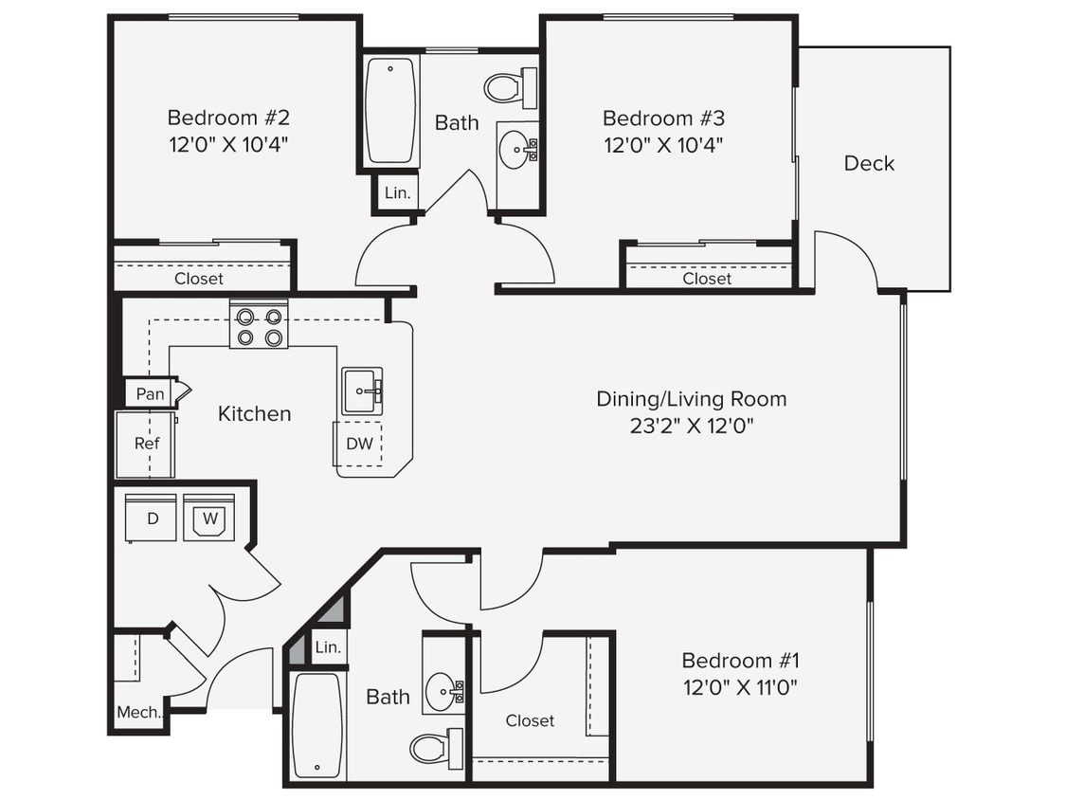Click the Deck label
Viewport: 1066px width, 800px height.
pyautogui.click(x=869, y=163)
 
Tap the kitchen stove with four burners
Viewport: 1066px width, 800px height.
pyautogui.click(x=259, y=325)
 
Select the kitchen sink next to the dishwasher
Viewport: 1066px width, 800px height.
pyautogui.click(x=362, y=391)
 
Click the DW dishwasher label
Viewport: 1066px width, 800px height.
pyautogui.click(x=358, y=443)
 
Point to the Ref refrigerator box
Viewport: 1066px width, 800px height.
pyautogui.click(x=146, y=444)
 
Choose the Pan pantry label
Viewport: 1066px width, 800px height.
pyautogui.click(x=150, y=393)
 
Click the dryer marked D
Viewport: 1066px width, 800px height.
pyautogui.click(x=153, y=518)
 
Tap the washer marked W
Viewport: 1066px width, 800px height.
pyautogui.click(x=209, y=518)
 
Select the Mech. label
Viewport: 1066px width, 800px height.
pyautogui.click(x=138, y=712)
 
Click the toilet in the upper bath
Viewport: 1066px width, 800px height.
pyautogui.click(x=510, y=88)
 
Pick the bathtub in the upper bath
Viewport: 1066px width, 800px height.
pyautogui.click(x=390, y=111)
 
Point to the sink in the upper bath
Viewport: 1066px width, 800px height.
pyautogui.click(x=517, y=149)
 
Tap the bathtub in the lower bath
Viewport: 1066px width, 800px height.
pyautogui.click(x=316, y=725)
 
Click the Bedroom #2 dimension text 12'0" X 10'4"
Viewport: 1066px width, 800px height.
pyautogui.click(x=227, y=145)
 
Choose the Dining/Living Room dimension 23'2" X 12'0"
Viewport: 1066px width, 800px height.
pyautogui.click(x=691, y=426)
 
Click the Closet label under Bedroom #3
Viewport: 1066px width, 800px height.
pyautogui.click(x=707, y=279)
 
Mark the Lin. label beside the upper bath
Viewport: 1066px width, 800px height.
pyautogui.click(x=397, y=193)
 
